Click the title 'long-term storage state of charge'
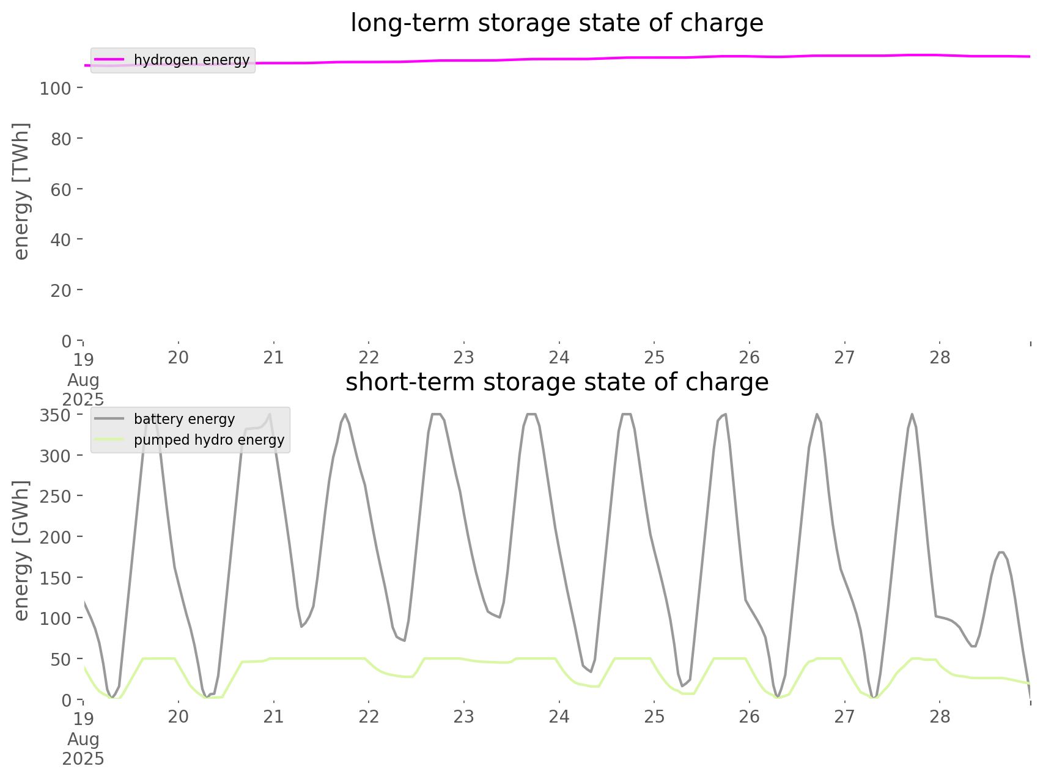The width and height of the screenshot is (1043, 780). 556,23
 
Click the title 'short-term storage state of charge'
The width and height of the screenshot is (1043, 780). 556,382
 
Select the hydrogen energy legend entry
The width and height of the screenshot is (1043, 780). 191,60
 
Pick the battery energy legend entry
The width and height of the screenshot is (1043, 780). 184,419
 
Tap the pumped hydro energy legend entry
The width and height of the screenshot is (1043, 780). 208,440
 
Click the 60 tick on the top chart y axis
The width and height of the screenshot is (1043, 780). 62,189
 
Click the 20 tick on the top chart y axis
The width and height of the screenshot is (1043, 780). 62,290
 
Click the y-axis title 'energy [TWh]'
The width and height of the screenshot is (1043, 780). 21,191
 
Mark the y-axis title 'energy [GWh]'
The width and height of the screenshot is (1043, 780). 21,550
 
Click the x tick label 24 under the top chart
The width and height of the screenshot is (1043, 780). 559,357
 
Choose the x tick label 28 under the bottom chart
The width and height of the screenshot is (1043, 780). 940,716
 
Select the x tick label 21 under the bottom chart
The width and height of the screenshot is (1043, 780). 273,716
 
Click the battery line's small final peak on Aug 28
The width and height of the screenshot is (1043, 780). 1001,552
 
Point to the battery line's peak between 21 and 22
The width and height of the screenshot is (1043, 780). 345,415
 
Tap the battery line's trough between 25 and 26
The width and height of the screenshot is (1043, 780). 682,687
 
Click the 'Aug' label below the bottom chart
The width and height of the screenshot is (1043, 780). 83,739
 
